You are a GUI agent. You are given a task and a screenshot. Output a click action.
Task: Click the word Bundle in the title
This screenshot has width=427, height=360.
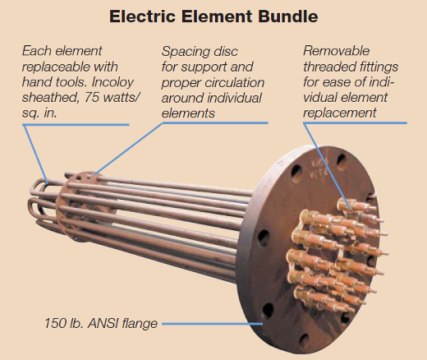pos(287,16)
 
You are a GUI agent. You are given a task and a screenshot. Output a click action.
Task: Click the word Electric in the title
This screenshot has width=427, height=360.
pos(142,16)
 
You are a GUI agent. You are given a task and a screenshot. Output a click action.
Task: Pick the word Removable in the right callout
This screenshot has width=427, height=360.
pos(337,51)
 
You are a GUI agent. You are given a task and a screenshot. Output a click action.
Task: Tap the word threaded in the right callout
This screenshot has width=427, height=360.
pos(328,67)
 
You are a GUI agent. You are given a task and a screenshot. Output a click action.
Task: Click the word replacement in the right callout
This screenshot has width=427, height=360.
pos(340,113)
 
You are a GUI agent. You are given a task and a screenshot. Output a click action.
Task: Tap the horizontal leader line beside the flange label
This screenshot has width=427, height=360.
pos(213,324)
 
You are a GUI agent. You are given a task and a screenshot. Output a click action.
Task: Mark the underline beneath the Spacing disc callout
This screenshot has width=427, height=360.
pos(215,123)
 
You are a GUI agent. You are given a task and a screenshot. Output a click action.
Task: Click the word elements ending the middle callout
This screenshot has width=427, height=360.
pos(188,113)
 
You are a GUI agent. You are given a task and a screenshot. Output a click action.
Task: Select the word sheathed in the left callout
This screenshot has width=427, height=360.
pos(50,97)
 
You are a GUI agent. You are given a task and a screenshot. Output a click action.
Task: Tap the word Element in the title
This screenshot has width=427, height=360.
pos(217,16)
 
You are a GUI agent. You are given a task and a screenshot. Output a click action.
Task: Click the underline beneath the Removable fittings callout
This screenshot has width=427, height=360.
pos(356,123)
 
